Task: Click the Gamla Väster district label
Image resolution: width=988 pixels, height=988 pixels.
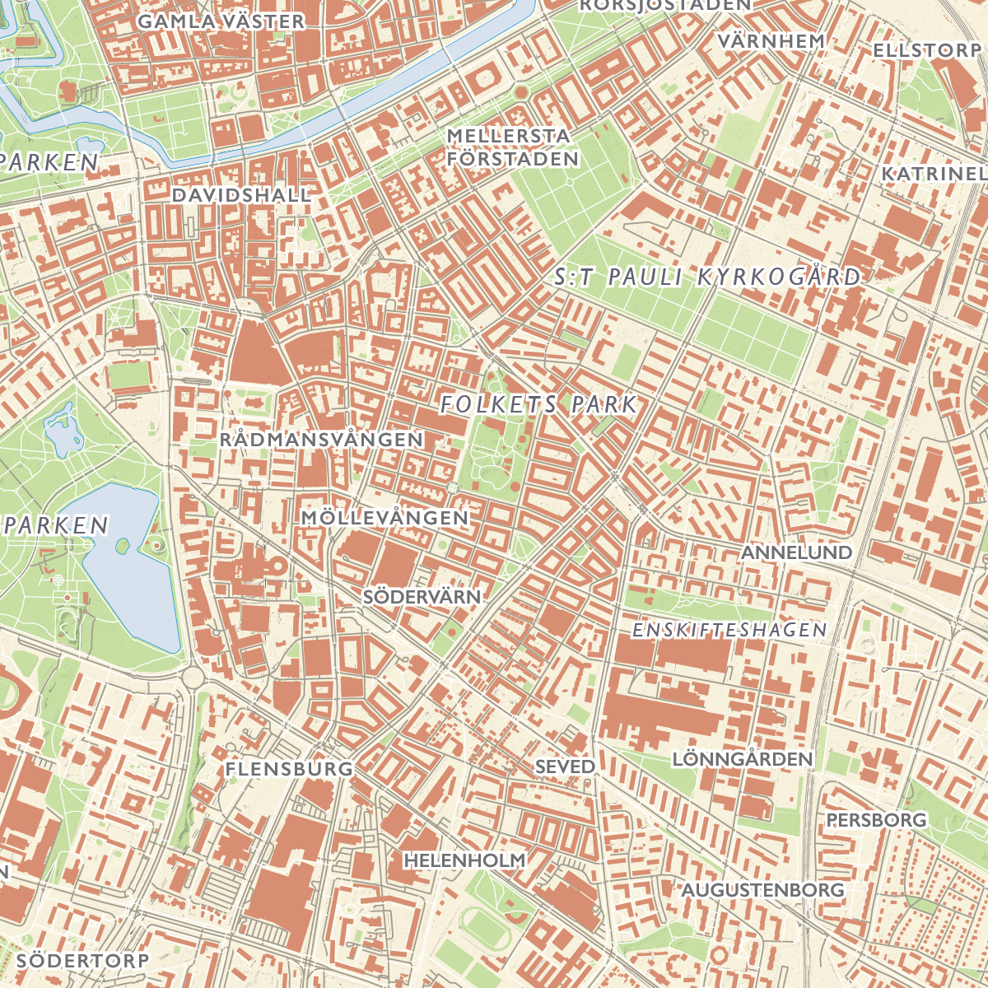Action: pos(221,21)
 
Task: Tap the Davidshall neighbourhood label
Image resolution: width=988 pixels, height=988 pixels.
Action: pos(242,195)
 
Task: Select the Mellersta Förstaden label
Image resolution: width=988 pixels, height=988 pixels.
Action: pos(512,147)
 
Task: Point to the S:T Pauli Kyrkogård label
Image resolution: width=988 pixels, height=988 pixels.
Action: pos(707,277)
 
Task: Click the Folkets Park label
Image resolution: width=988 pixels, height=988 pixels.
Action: pos(539,404)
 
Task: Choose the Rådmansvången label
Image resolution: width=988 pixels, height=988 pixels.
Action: pos(321,439)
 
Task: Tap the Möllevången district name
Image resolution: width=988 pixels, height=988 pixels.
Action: pos(385,518)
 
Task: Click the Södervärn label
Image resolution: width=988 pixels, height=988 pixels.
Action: pos(422,596)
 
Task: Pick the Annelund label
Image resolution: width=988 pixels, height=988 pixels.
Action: pos(796,552)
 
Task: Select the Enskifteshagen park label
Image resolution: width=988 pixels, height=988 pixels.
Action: pos(729,630)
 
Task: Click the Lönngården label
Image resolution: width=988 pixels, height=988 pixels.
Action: pos(743,758)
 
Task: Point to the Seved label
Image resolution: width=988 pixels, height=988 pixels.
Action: pos(565,766)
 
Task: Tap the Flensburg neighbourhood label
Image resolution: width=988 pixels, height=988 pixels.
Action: pos(289,769)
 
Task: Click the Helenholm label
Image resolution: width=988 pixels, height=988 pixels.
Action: pos(464,860)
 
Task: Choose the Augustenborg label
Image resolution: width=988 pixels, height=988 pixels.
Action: pos(762,890)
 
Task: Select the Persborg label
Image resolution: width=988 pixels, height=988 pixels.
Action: pos(876,820)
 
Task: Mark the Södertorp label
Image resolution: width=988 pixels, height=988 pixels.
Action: pos(82,960)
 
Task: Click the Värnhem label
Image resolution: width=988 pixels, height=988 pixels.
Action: pos(771,40)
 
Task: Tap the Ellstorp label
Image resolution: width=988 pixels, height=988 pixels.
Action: pos(927,50)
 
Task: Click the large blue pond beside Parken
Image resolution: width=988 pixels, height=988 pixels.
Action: pos(132,568)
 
